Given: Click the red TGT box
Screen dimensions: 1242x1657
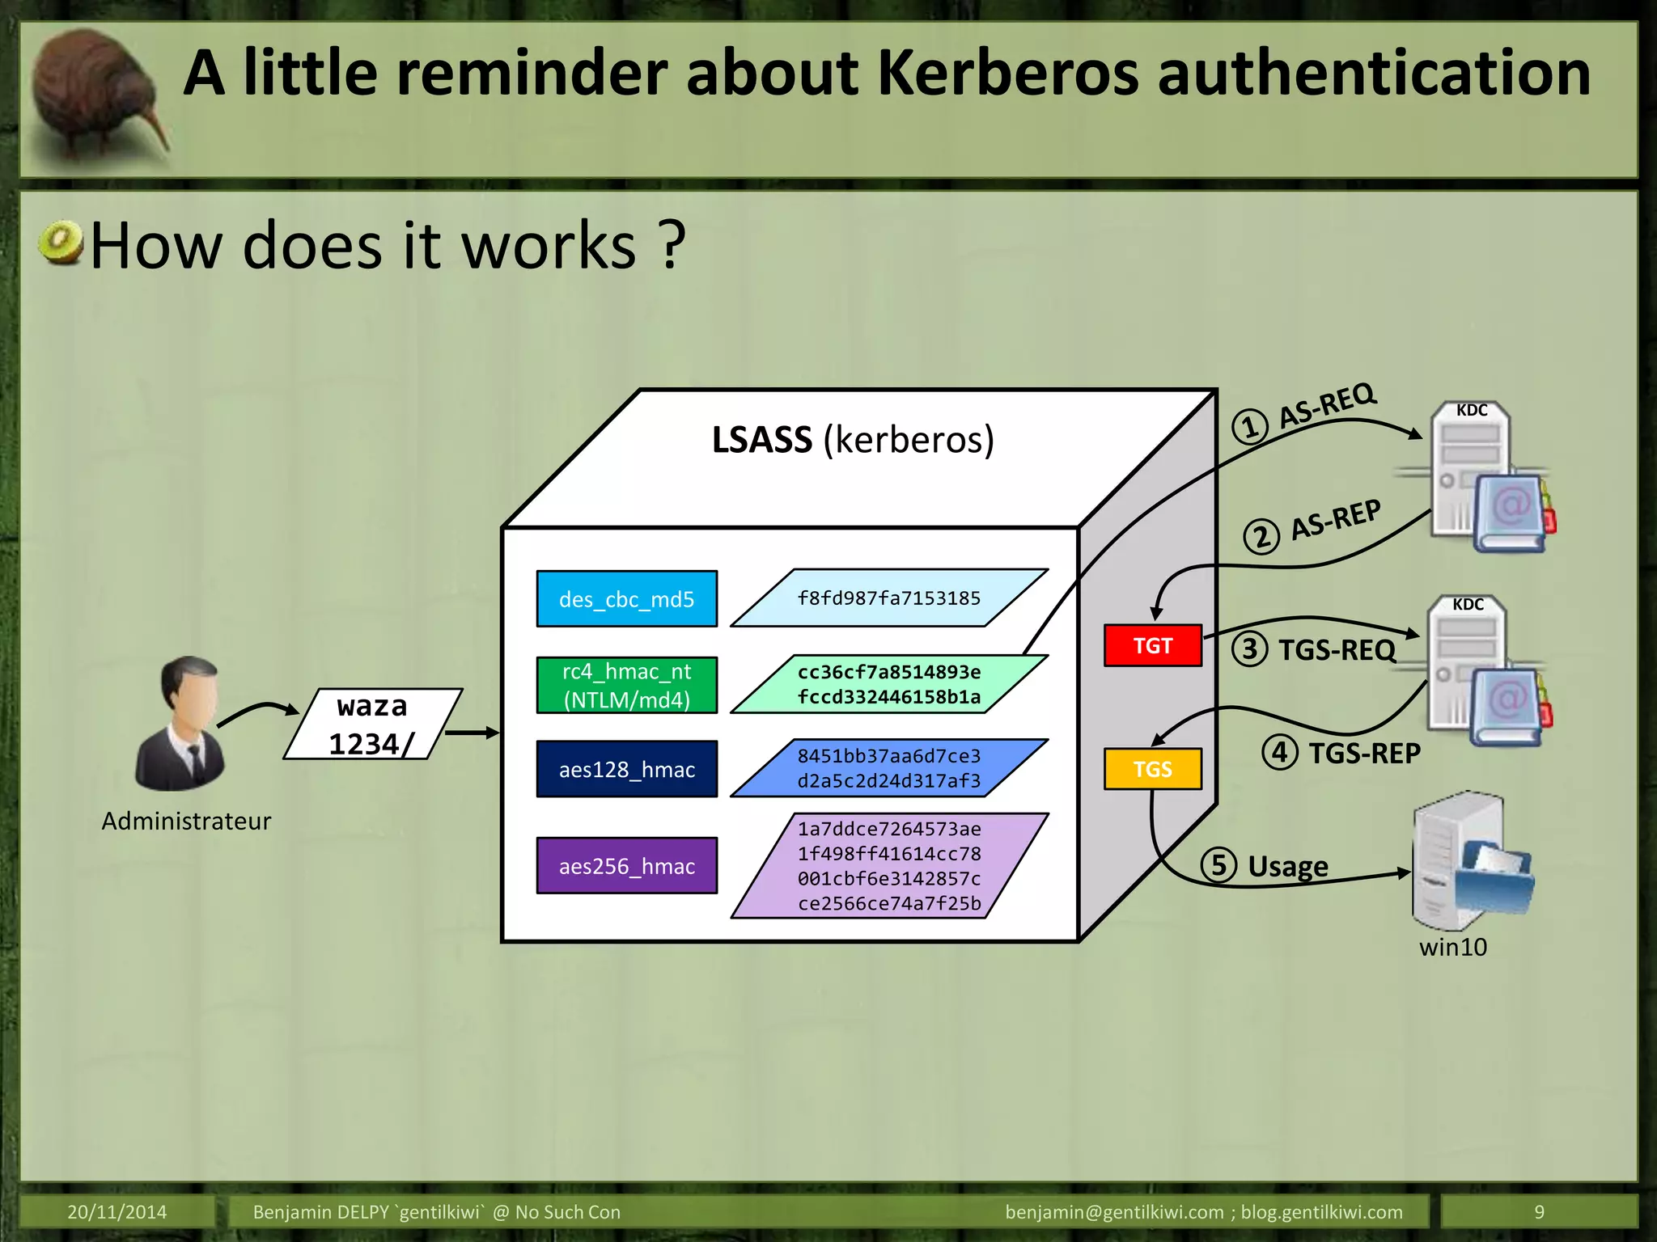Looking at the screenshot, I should coord(1152,645).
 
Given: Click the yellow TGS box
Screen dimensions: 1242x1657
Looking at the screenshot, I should coord(1152,768).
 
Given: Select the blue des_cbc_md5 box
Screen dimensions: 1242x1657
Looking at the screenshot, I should coord(627,599).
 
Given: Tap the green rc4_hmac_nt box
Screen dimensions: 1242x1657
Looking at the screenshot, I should coord(627,685).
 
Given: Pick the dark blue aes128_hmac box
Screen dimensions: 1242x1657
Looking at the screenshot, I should coord(627,769).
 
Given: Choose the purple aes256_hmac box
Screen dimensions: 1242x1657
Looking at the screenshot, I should coord(627,866).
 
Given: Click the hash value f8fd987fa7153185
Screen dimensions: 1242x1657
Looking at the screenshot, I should coord(888,598).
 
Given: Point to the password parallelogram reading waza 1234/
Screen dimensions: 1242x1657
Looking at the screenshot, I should coord(372,724).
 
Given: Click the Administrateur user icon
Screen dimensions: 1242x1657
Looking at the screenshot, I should coord(182,724).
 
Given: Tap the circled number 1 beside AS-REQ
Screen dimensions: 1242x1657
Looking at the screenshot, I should coord(1249,426).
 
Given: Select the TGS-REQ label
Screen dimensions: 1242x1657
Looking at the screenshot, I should coord(1337,649).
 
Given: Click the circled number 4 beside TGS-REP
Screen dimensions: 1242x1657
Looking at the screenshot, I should coord(1279,752).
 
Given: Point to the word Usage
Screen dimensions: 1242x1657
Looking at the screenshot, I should coord(1287,866).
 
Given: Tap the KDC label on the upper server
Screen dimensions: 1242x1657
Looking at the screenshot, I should coord(1471,410).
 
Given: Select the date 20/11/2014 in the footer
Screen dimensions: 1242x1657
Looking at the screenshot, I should coord(117,1212).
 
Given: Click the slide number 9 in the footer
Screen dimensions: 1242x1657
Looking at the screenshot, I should coord(1539,1212).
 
